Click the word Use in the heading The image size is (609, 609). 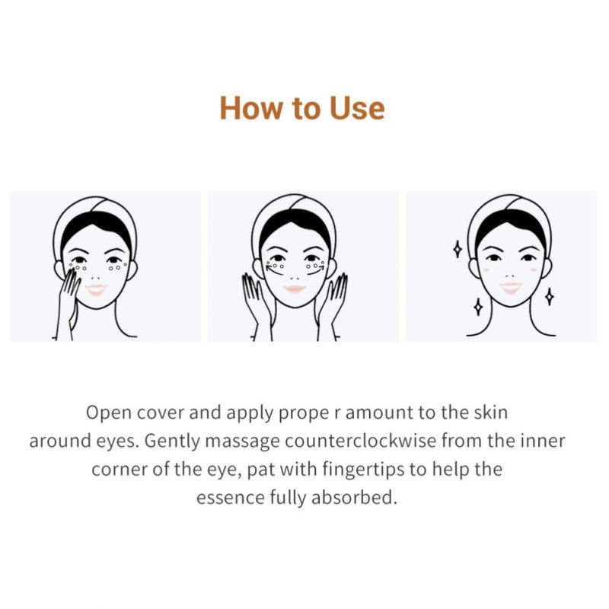pos(357,109)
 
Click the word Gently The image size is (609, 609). pos(172,441)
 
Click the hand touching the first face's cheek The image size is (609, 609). pos(70,293)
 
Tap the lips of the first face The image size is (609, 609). pos(96,289)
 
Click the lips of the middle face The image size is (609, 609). pos(295,289)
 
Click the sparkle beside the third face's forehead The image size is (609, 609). pos(457,248)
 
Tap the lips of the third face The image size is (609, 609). pos(509,287)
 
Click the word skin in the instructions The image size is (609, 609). pos(491,413)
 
